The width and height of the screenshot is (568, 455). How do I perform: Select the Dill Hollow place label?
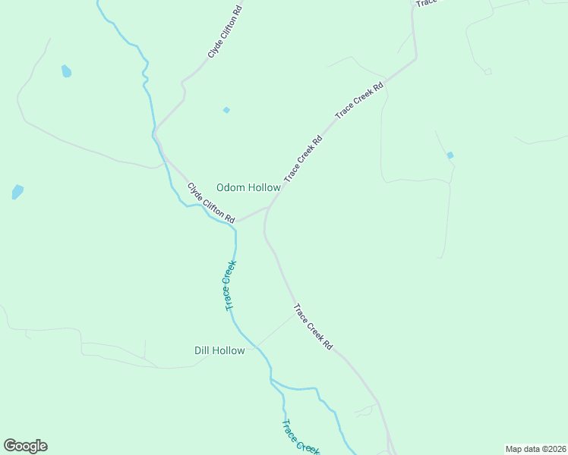[219, 350]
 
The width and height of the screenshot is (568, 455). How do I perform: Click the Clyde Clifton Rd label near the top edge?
[225, 33]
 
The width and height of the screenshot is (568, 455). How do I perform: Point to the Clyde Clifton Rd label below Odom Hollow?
[212, 202]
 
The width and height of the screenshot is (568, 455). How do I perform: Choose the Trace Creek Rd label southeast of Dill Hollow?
[313, 327]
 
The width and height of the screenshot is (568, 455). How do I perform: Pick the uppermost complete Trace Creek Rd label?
[360, 99]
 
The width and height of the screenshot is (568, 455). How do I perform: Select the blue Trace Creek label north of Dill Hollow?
[230, 285]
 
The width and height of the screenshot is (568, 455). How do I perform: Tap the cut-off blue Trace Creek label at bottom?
[299, 438]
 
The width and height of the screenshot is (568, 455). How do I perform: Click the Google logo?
[25, 446]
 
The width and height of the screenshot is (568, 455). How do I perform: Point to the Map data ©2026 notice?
[536, 449]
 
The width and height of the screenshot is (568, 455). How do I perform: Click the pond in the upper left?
[66, 72]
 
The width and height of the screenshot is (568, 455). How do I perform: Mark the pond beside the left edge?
[17, 191]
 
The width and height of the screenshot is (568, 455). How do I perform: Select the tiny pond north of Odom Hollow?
[226, 110]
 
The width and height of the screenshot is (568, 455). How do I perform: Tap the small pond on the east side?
[450, 155]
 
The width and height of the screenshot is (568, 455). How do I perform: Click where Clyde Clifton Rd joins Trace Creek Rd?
[269, 206]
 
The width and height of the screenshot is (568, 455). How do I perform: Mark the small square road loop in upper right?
[488, 71]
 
